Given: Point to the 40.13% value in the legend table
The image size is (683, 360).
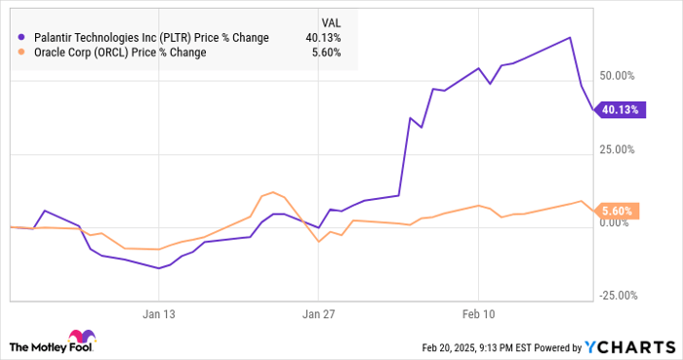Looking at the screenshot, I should [322, 38].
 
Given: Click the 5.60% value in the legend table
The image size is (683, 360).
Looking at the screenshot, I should [325, 53].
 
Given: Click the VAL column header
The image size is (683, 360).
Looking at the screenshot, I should [331, 21].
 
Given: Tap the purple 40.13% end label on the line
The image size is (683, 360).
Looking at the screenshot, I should [620, 110].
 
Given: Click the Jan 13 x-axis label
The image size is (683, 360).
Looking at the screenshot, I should [158, 314].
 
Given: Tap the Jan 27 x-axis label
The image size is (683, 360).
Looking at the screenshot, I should [318, 314].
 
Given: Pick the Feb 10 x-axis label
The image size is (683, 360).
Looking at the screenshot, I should [478, 314].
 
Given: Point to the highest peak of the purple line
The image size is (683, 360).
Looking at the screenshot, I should [570, 37].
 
